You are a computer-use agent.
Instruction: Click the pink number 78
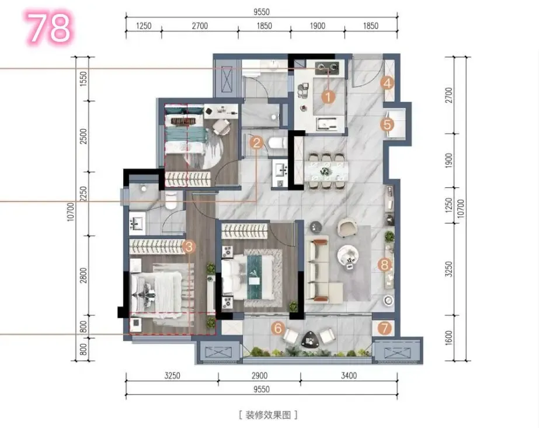pos(49,27)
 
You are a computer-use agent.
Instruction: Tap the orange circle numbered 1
pos(328,96)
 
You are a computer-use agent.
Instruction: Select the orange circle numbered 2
pos(257,142)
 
